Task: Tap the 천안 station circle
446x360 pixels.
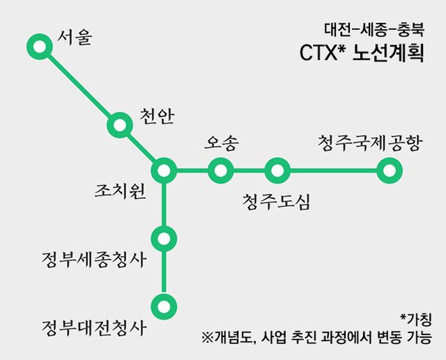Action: (x=119, y=125)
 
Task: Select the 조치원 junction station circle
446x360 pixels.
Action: (x=164, y=169)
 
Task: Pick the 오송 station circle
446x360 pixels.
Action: (x=220, y=169)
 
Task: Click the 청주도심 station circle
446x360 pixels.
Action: (x=277, y=169)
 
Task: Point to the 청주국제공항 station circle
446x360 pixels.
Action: (x=388, y=169)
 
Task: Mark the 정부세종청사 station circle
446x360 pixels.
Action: (x=164, y=238)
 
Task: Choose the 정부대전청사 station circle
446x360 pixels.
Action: (x=164, y=306)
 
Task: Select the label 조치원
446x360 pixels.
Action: (x=121, y=190)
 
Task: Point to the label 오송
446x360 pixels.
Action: (x=222, y=143)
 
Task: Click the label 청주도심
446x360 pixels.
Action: (x=277, y=201)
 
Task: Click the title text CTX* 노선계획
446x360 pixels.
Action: (x=360, y=54)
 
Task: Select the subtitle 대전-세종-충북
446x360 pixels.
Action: (x=374, y=30)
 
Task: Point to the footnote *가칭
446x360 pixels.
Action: (x=416, y=320)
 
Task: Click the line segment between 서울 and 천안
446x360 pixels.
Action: (x=78, y=86)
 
